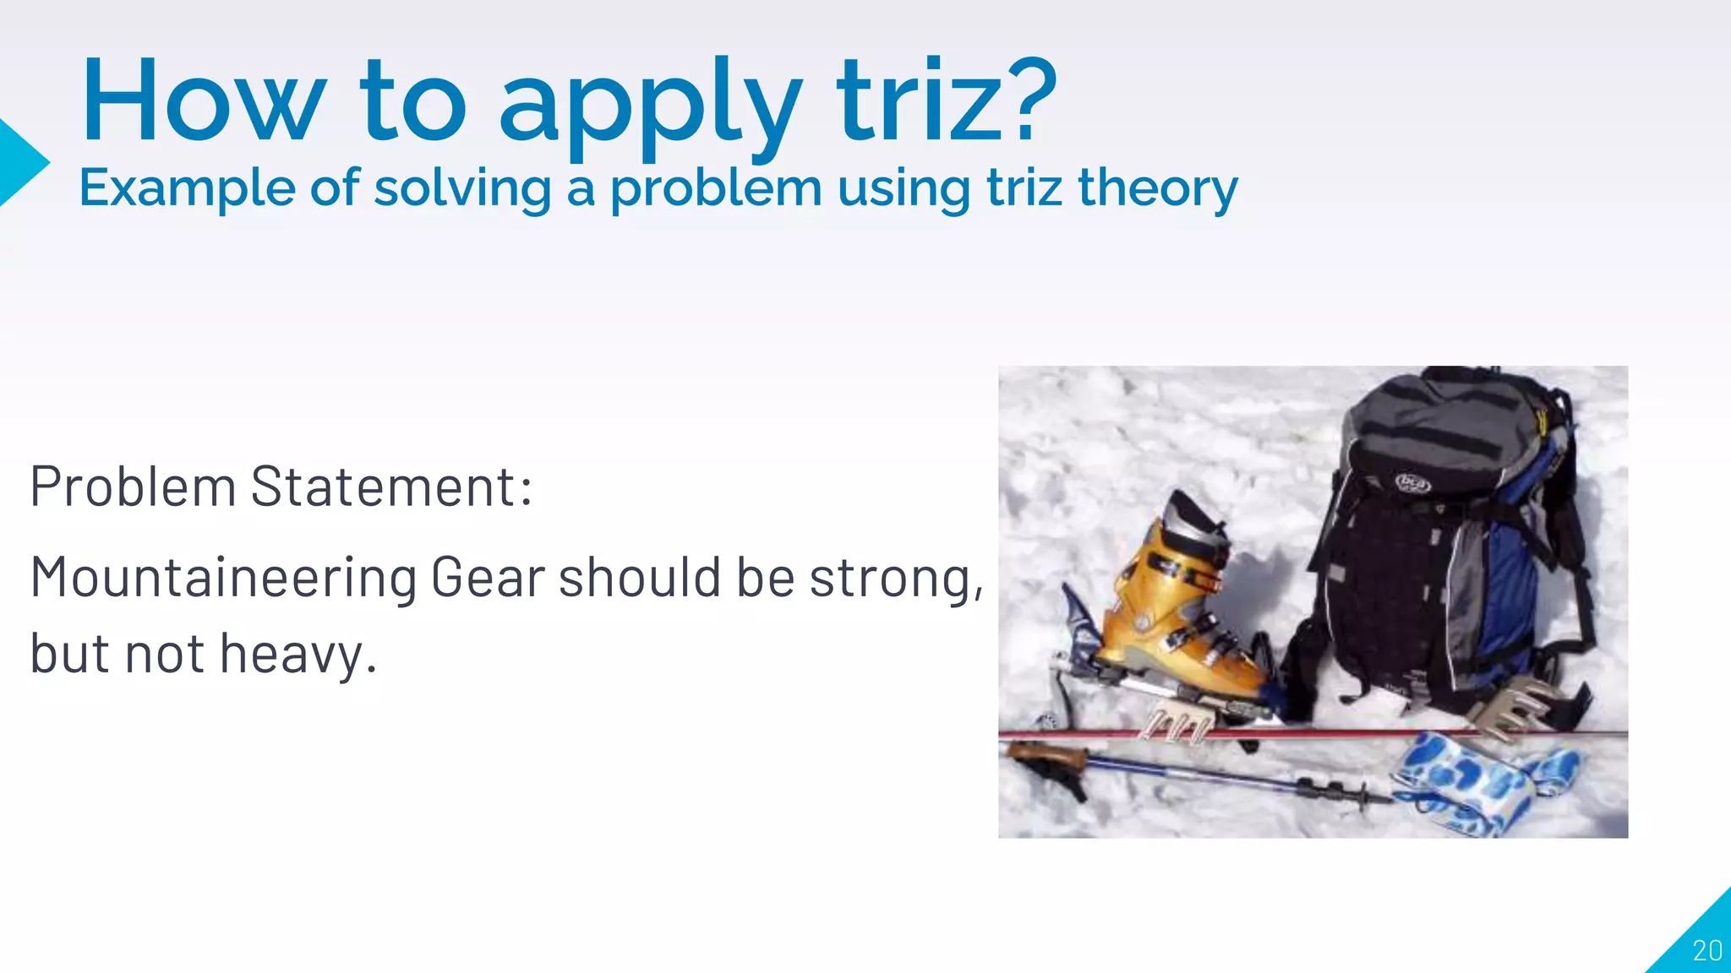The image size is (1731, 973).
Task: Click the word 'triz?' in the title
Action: pos(947,101)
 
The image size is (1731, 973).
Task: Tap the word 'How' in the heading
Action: pos(203,101)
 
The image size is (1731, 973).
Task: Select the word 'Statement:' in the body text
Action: pos(391,487)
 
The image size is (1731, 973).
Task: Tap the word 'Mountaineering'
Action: pos(223,579)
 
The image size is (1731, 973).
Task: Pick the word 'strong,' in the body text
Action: pos(897,579)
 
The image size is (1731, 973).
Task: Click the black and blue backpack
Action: pos(1437,549)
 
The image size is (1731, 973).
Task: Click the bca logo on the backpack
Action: pos(1412,483)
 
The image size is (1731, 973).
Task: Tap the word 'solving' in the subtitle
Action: pos(462,188)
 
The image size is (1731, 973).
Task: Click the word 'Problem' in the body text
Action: pos(133,487)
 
